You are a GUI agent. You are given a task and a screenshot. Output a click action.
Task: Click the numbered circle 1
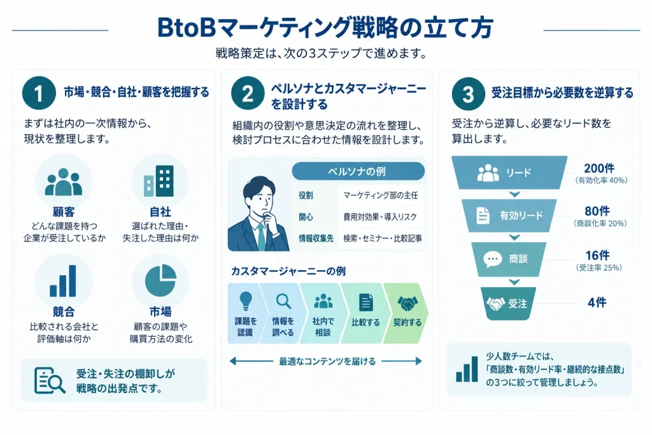[39, 93]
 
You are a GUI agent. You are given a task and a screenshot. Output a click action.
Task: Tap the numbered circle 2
[248, 93]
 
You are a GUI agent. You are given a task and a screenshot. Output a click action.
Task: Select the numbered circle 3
[468, 94]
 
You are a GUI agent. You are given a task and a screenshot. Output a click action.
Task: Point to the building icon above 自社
[159, 181]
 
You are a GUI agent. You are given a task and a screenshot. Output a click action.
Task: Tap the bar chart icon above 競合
[63, 281]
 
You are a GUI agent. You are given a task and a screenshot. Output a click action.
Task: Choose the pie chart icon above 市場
[160, 280]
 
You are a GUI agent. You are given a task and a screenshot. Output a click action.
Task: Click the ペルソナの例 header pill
[358, 171]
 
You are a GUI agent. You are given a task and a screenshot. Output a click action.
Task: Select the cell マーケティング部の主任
[381, 195]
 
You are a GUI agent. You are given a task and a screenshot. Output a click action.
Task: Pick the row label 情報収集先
[316, 238]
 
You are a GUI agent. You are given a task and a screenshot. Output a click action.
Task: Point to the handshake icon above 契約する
[407, 304]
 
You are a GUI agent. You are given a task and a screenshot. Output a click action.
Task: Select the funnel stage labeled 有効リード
[509, 215]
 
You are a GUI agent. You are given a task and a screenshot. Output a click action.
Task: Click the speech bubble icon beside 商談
[492, 259]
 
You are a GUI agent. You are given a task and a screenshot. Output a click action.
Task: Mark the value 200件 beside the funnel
[599, 168]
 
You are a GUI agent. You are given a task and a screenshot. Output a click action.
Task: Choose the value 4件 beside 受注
[597, 303]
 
